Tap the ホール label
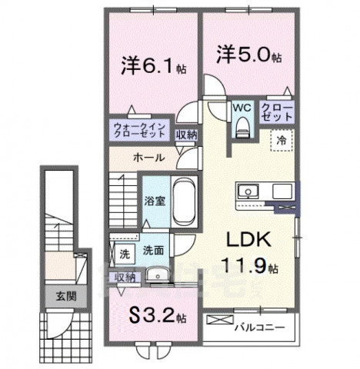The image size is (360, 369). [x=148, y=157]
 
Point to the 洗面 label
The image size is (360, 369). [x=152, y=251]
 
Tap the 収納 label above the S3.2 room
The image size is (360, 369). [x=125, y=277]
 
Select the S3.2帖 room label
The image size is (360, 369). [x=157, y=316]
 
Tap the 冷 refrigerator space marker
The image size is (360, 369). [x=282, y=141]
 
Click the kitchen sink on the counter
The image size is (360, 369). [x=250, y=191]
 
